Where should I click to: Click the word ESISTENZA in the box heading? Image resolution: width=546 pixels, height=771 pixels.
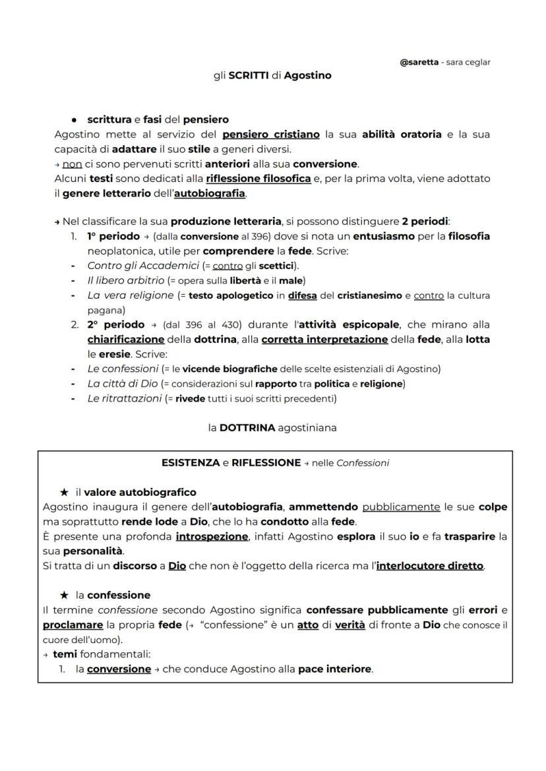click(x=191, y=462)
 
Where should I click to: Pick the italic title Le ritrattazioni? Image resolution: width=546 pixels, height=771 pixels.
click(x=125, y=398)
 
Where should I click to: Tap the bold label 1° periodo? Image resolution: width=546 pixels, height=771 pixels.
click(x=113, y=236)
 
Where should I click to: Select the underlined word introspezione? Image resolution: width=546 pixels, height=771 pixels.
click(x=212, y=537)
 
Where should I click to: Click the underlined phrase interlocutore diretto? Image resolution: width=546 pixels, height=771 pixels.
click(x=429, y=566)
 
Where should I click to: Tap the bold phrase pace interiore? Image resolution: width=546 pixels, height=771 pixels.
click(x=334, y=669)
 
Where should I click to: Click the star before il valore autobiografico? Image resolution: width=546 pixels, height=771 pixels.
click(x=64, y=492)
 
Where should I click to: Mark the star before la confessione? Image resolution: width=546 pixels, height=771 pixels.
click(x=64, y=595)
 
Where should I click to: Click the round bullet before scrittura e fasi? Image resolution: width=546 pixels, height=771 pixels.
click(x=75, y=120)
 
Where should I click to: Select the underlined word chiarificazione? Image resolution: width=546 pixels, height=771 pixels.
click(x=125, y=339)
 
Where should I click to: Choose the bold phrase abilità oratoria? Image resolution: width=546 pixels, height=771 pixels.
click(x=402, y=134)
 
